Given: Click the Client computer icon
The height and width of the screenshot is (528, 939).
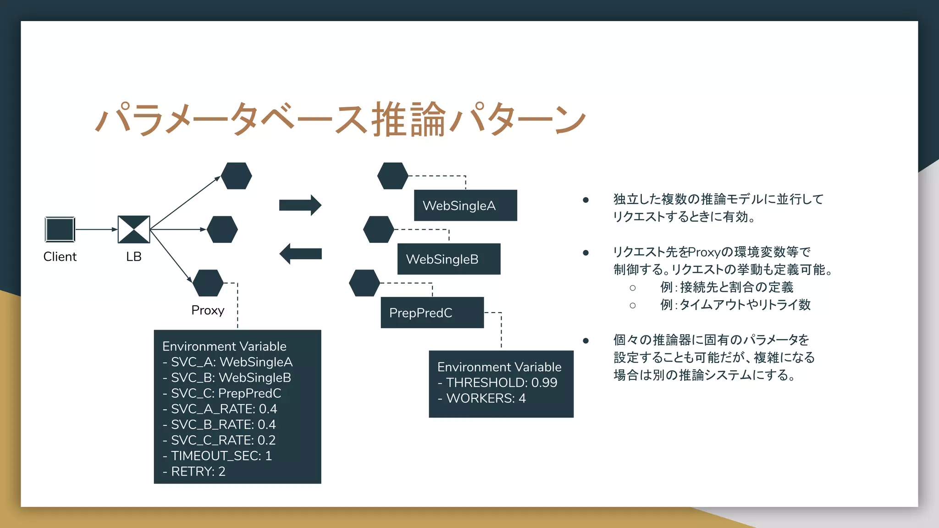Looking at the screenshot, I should [60, 229].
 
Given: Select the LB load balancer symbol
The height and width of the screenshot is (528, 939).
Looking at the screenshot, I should [134, 229].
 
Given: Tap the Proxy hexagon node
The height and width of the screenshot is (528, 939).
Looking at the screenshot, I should [208, 283].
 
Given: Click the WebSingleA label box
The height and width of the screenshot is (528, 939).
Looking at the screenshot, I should [465, 205].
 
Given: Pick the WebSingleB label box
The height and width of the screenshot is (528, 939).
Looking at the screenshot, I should [448, 259].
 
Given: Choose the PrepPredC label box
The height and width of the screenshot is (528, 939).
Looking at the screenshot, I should [432, 313].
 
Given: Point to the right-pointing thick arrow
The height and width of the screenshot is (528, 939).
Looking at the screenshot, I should [300, 205].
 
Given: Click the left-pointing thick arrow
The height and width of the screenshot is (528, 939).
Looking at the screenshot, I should [300, 253].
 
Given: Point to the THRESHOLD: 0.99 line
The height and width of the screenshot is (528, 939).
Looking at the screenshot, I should [497, 382].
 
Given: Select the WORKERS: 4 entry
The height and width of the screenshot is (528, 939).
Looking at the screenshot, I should [482, 398].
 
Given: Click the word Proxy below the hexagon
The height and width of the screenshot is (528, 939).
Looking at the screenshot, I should [208, 310].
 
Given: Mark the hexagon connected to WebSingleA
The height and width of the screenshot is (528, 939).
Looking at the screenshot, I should [392, 176].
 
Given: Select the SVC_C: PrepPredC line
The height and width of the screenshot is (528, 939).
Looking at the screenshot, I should [222, 393].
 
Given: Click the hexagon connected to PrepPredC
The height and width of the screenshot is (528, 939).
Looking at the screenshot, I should [365, 283].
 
